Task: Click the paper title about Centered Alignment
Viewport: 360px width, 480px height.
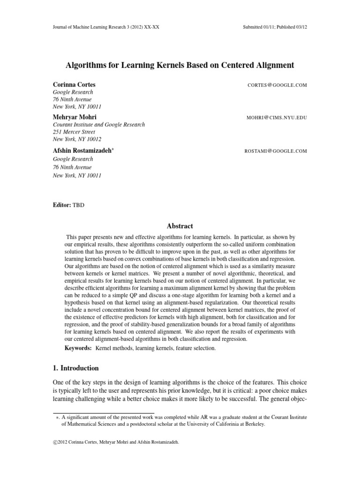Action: pyautogui.click(x=180, y=65)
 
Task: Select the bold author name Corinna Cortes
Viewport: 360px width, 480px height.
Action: pyautogui.click(x=75, y=85)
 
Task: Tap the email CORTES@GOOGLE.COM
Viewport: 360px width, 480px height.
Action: pyautogui.click(x=276, y=85)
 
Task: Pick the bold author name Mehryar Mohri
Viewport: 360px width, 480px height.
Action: pyautogui.click(x=75, y=117)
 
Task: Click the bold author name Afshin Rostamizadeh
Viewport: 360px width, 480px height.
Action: pyautogui.click(x=82, y=150)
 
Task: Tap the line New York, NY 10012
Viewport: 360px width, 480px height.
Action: pyautogui.click(x=76, y=140)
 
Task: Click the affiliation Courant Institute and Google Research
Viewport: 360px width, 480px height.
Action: pyautogui.click(x=98, y=125)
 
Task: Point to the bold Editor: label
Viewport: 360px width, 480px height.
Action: pyautogui.click(x=62, y=205)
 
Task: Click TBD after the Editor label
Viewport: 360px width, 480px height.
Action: pyautogui.click(x=78, y=205)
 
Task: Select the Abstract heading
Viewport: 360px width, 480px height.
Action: pyautogui.click(x=180, y=226)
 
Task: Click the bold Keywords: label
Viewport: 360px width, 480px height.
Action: pyautogui.click(x=78, y=349)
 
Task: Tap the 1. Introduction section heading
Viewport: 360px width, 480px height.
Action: pyautogui.click(x=75, y=368)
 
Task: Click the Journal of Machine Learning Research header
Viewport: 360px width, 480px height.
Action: pyautogui.click(x=106, y=27)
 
